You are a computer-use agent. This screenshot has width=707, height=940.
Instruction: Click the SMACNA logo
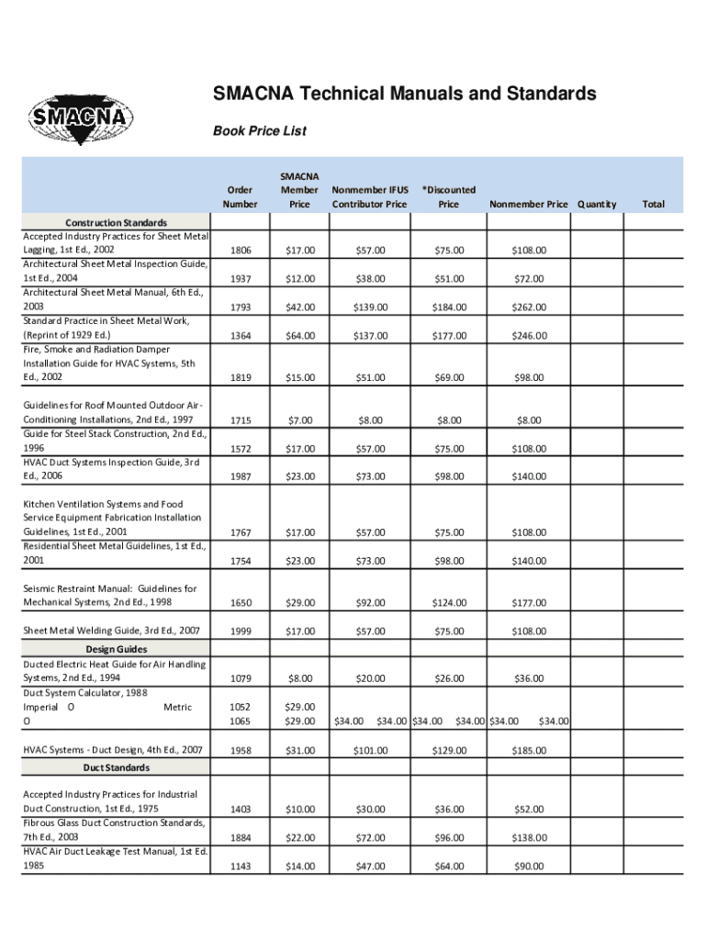(x=82, y=118)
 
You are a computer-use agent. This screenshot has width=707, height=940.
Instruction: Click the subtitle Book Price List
(x=259, y=131)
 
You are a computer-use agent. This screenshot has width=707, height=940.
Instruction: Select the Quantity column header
(x=597, y=204)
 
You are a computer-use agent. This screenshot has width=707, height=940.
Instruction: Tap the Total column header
(x=653, y=204)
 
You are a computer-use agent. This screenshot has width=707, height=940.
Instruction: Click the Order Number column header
(x=240, y=196)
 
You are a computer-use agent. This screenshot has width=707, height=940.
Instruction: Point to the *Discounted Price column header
(x=448, y=196)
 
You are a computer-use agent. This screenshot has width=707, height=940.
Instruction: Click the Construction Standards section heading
(x=116, y=222)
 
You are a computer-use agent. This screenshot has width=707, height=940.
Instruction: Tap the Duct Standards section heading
(x=117, y=767)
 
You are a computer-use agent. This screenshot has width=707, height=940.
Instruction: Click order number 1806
(x=240, y=251)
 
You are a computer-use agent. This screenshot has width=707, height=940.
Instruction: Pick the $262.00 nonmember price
(x=529, y=308)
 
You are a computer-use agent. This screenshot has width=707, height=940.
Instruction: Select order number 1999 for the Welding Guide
(x=240, y=631)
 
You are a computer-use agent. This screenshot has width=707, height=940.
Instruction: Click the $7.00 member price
(x=299, y=420)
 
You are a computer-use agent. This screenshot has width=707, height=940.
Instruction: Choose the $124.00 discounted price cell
(x=448, y=603)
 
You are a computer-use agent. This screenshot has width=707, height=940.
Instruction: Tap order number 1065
(x=240, y=722)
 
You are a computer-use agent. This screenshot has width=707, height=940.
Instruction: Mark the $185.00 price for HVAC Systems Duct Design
(x=529, y=751)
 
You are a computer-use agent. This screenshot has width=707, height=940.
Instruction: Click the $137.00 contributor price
(x=370, y=336)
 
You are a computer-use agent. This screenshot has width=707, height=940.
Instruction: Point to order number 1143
(x=240, y=867)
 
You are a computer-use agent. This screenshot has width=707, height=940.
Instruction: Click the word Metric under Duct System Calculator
(x=177, y=708)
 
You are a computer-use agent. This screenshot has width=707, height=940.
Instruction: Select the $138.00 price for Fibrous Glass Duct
(x=529, y=838)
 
